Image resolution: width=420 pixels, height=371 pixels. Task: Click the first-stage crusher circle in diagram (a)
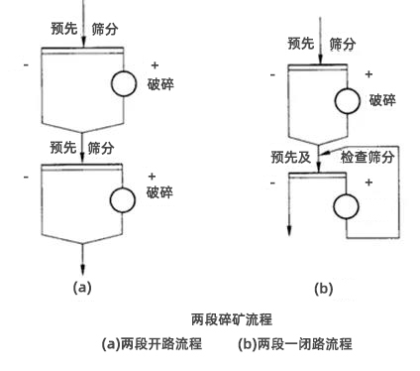(x=123, y=83)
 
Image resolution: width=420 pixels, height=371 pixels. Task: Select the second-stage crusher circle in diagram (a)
(x=123, y=200)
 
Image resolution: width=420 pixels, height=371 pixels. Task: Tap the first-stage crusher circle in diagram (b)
(x=346, y=100)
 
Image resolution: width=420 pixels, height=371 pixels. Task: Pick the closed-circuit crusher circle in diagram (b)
(x=346, y=206)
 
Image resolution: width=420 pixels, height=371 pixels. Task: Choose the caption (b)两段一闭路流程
(x=294, y=345)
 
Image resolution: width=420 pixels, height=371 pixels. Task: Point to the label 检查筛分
(x=367, y=156)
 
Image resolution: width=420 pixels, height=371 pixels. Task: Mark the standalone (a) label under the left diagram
(x=82, y=287)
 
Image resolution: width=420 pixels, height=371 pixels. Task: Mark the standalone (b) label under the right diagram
(x=323, y=289)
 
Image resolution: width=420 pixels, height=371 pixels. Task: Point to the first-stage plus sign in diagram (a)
(x=155, y=65)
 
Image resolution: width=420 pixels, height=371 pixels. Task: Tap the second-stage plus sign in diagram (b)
(x=368, y=184)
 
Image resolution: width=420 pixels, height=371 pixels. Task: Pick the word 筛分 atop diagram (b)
(x=342, y=44)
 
